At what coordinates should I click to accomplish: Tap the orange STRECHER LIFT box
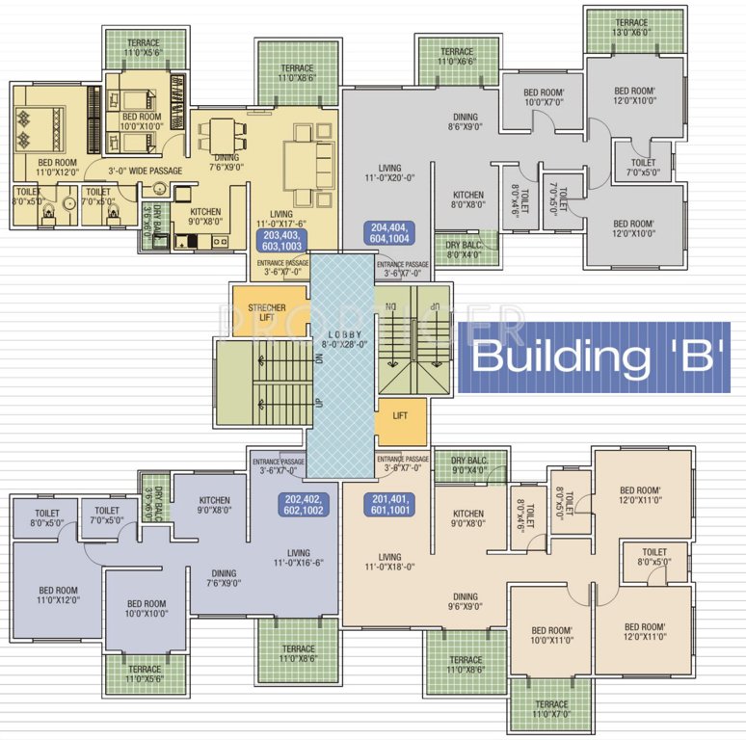[268, 312]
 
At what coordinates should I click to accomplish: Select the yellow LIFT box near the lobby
[401, 415]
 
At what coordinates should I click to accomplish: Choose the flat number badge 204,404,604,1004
[392, 233]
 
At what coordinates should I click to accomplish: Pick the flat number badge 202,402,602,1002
[306, 505]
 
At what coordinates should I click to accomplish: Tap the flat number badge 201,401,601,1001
[391, 505]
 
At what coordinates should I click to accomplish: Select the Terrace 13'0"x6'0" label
[631, 27]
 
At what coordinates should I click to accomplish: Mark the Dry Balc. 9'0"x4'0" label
[469, 465]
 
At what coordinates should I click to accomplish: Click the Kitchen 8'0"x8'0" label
[467, 198]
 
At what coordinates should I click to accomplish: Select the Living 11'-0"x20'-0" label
[389, 172]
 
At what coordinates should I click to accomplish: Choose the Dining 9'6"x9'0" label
[466, 602]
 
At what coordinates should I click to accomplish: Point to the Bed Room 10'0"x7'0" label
[543, 96]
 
